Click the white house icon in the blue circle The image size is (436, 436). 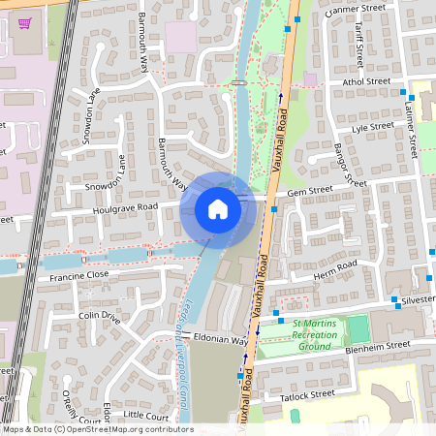tap(218, 208)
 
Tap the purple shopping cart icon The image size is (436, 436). tap(24, 22)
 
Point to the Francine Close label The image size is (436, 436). tap(78, 276)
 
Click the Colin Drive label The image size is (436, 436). tap(99, 316)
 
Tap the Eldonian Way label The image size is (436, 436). tap(221, 339)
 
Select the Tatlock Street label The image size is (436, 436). tap(307, 394)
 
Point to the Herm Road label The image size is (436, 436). tap(336, 269)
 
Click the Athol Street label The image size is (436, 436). tap(365, 83)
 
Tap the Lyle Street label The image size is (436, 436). tap(373, 127)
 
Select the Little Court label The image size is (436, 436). tap(146, 415)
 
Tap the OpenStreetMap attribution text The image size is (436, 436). tap(97, 429)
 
